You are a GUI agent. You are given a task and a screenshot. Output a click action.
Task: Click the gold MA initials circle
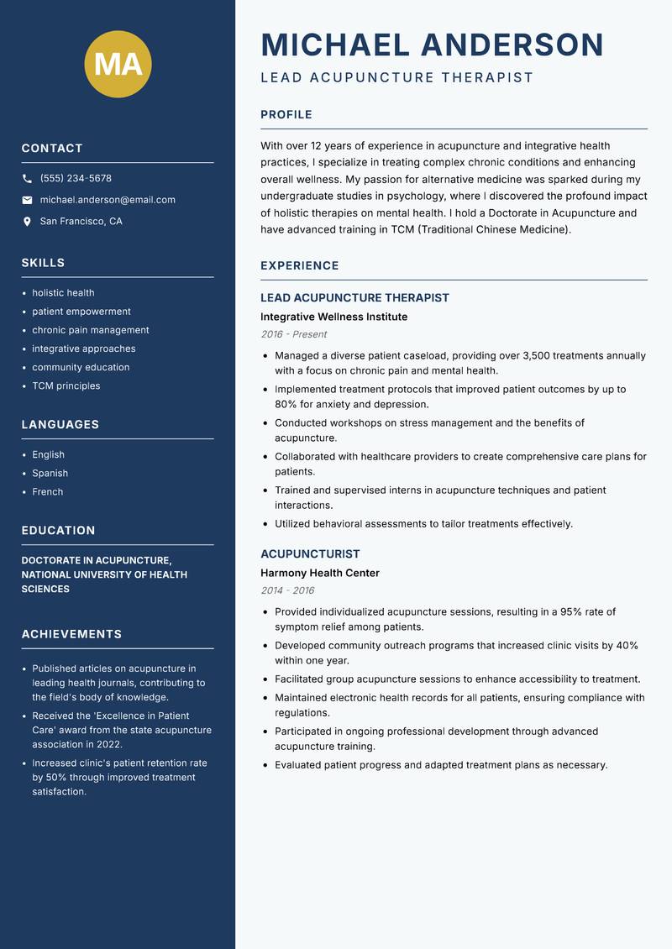pyautogui.click(x=118, y=64)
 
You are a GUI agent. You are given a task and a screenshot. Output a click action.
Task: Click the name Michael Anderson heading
pyautogui.click(x=432, y=45)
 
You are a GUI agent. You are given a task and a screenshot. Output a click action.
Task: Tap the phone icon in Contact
pyautogui.click(x=27, y=179)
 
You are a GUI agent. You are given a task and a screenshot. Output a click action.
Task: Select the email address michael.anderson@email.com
pyautogui.click(x=108, y=200)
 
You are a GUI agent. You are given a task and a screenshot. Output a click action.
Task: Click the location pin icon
pyautogui.click(x=27, y=222)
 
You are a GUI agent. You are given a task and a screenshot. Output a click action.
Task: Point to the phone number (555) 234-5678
pyautogui.click(x=76, y=179)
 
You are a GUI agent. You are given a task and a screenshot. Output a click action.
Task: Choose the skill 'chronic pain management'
pyautogui.click(x=91, y=330)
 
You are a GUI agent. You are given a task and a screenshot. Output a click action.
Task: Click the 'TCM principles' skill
pyautogui.click(x=66, y=386)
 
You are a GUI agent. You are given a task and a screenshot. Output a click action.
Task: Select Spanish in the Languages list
pyautogui.click(x=50, y=474)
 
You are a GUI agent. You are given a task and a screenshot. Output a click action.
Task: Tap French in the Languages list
pyautogui.click(x=47, y=492)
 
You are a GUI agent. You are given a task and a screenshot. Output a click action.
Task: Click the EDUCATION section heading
pyautogui.click(x=58, y=531)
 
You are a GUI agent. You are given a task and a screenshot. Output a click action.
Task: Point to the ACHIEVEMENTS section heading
pyautogui.click(x=71, y=634)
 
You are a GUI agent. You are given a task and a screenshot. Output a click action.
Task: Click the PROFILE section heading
pyautogui.click(x=286, y=115)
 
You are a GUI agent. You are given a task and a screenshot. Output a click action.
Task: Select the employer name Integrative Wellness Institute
pyautogui.click(x=333, y=317)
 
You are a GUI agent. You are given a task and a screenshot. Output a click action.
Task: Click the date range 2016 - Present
pyautogui.click(x=293, y=334)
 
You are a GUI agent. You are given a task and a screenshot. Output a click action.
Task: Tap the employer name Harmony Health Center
pyautogui.click(x=319, y=574)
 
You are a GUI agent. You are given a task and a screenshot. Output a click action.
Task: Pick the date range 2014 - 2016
pyautogui.click(x=286, y=590)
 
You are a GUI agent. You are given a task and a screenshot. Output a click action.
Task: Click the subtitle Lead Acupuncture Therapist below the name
pyautogui.click(x=396, y=78)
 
